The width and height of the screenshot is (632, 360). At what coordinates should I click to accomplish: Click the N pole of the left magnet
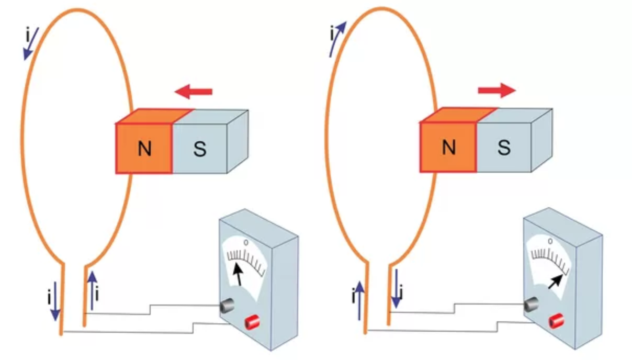point(144,148)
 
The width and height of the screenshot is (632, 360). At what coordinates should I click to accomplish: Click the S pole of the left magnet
point(199,149)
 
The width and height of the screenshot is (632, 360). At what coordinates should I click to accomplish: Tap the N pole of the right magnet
point(448,148)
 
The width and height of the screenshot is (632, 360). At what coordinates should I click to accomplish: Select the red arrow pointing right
point(496,90)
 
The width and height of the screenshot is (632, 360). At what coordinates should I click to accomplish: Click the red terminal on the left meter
point(254,320)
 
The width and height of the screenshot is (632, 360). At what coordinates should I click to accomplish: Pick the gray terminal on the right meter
point(532,303)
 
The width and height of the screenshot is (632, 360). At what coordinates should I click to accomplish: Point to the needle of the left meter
point(238,273)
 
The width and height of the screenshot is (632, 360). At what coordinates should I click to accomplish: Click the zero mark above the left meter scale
point(246,242)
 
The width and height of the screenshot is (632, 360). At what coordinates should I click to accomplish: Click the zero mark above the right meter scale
point(550,241)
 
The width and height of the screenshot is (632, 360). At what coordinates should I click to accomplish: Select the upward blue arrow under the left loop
point(93,289)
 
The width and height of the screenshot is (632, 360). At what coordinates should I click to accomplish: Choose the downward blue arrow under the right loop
point(397,288)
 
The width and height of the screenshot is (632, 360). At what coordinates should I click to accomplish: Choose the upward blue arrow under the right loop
point(359,300)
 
